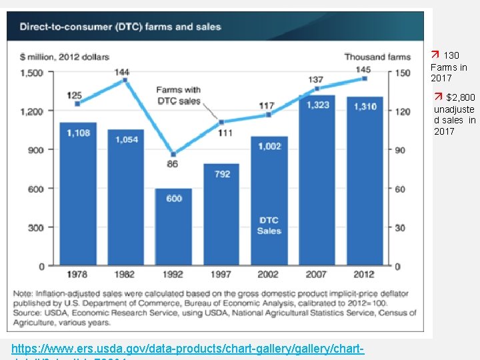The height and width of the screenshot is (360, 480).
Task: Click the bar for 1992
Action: coord(173,227)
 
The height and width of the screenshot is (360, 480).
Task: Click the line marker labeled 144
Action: coord(125,81)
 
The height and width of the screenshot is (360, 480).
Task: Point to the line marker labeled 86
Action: coord(173,154)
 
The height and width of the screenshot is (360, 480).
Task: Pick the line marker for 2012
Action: coord(365,79)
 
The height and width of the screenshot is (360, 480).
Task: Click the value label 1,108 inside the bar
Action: coord(78,133)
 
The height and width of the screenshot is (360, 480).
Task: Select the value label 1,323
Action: coord(317,105)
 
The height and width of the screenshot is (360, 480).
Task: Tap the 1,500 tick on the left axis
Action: coord(31,72)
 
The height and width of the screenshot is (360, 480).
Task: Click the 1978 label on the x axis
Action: coord(78,275)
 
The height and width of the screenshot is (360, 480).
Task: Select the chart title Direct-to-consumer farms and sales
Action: coord(120,27)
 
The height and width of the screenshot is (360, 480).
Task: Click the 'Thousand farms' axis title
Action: coord(377,57)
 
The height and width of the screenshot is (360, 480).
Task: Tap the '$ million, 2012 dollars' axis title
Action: coord(65,57)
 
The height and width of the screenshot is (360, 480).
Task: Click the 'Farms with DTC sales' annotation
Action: coord(178,95)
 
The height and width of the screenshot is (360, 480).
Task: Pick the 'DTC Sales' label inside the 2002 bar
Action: coord(269,225)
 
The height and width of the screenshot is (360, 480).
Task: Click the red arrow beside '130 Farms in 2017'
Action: coord(435,55)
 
